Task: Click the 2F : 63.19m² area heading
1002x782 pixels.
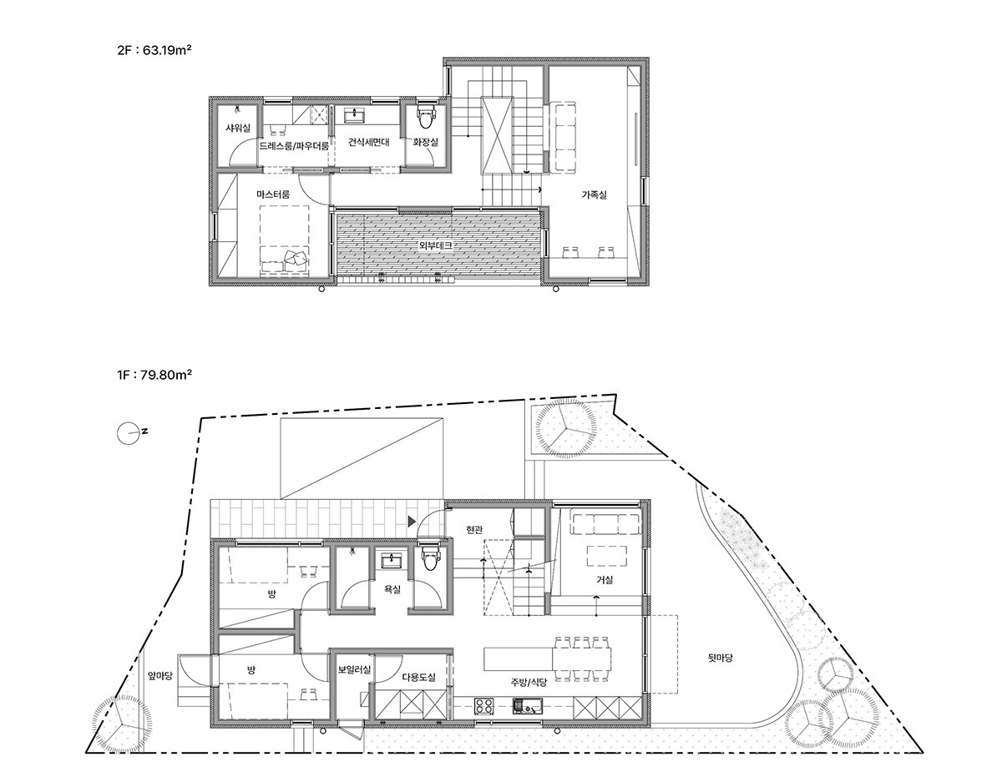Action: point(154,50)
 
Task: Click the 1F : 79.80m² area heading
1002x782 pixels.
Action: point(154,375)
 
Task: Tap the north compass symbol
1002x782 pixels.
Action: point(129,432)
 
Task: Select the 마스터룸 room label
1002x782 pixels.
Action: point(273,194)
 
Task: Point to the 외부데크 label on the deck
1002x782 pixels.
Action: point(435,245)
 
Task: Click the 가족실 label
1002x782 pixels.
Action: point(594,195)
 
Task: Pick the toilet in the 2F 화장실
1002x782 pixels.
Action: point(426,117)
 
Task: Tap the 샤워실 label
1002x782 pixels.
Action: point(237,128)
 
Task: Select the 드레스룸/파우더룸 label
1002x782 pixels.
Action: point(294,147)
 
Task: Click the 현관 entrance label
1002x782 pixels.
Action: point(474,531)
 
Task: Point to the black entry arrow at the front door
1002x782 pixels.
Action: point(412,522)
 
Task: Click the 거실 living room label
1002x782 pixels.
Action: point(605,580)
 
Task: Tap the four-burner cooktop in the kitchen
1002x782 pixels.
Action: point(484,705)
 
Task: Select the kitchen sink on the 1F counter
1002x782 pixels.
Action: point(527,705)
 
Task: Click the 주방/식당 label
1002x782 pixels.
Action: point(529,683)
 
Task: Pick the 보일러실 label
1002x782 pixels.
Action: point(354,669)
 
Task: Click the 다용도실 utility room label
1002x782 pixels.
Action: point(418,678)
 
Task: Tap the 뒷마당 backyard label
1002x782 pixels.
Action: point(720,658)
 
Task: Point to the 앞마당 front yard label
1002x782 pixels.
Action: point(159,676)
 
